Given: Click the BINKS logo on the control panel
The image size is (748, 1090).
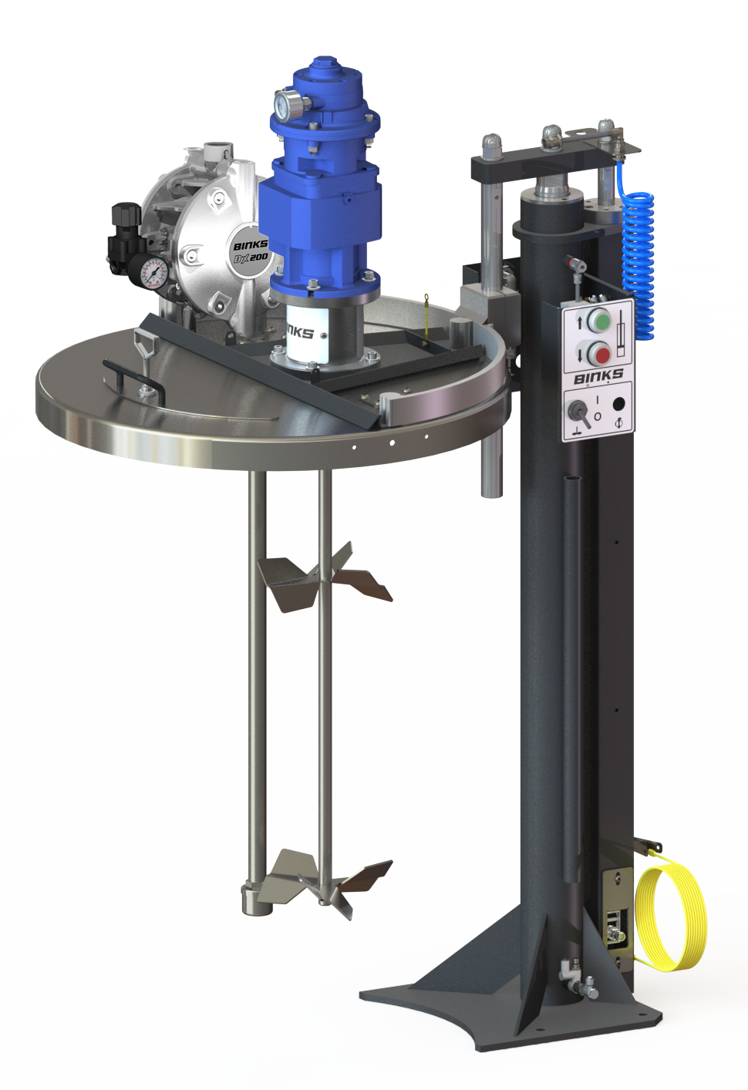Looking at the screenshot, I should [x=598, y=376].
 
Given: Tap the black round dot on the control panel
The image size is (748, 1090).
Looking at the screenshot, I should [x=618, y=403].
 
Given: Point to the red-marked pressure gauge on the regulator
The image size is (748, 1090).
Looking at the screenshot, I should [x=154, y=273].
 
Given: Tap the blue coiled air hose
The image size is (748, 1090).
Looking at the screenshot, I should [x=638, y=254].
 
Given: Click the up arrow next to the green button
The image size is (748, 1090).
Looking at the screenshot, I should [x=580, y=321].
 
